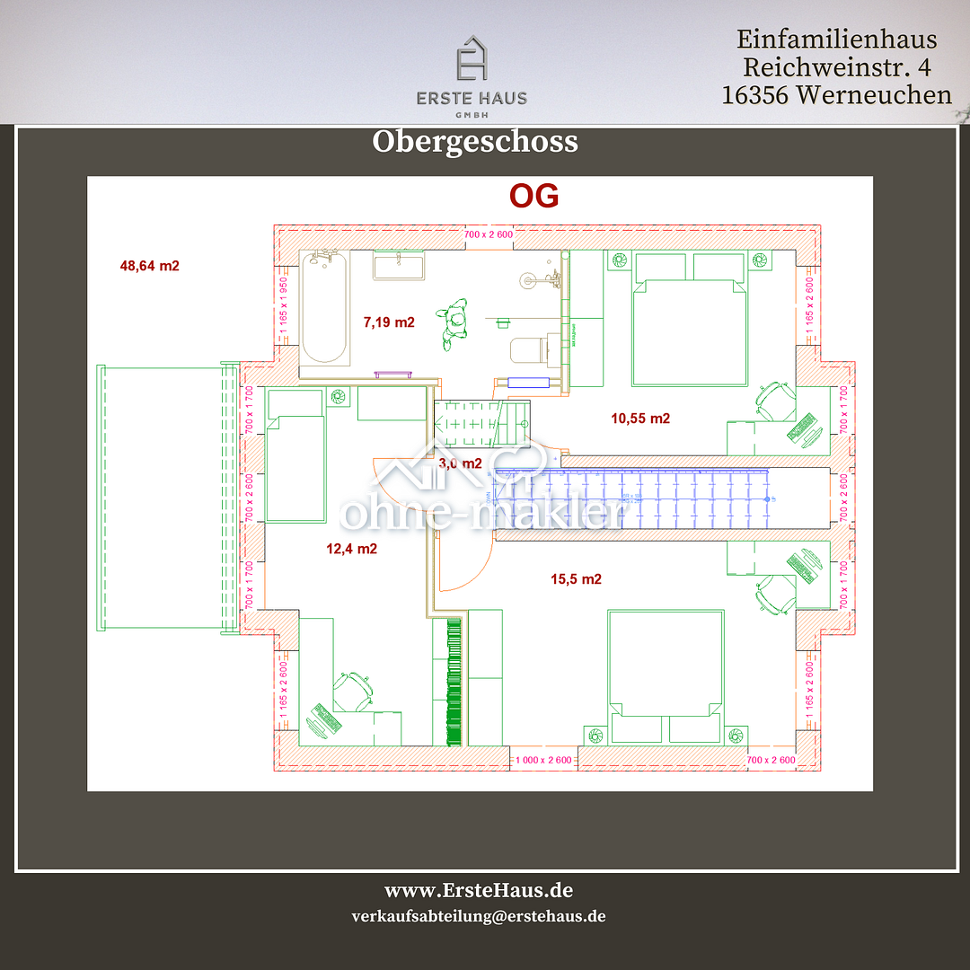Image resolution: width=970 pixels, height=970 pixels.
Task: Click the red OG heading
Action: [x=533, y=196]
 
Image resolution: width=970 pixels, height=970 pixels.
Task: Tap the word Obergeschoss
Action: [x=474, y=142]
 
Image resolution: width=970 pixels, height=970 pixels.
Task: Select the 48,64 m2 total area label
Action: [x=149, y=266]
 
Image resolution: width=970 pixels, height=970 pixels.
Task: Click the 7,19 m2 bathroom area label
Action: [x=388, y=322]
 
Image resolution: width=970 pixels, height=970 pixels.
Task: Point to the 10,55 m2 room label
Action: [x=640, y=418]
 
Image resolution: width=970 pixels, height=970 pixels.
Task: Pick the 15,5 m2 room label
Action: [x=576, y=579]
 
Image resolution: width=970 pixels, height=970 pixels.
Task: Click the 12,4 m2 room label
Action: [x=351, y=548]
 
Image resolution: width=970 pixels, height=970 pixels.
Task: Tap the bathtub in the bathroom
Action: [x=324, y=307]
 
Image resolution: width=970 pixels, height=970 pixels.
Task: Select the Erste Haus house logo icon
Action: [x=472, y=60]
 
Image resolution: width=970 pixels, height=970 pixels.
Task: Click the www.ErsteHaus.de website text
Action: [x=479, y=891]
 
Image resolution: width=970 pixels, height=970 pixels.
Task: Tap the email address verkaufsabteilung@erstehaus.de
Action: [x=479, y=917]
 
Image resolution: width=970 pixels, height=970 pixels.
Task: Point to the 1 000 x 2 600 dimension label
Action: [x=543, y=761]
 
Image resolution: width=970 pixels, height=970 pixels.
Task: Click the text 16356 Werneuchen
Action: [x=836, y=94]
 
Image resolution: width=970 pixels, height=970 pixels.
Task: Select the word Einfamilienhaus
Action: [x=836, y=40]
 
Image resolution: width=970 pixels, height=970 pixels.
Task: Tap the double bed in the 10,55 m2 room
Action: [x=690, y=323]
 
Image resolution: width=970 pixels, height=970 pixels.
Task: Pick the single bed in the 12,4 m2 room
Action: [x=295, y=456]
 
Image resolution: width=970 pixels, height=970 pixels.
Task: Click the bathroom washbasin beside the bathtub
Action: [x=398, y=267]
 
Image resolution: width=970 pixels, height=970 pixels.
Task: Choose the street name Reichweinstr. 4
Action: [x=836, y=67]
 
